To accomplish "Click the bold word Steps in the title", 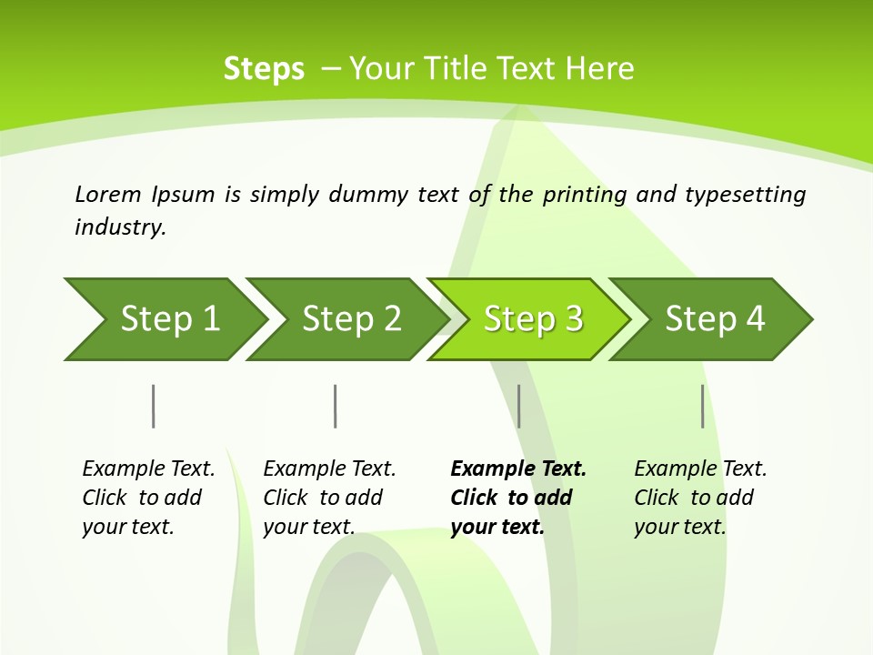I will (x=264, y=69).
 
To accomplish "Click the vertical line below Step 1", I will (x=153, y=406).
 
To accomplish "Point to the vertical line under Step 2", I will (x=336, y=406).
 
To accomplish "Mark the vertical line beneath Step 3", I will (x=518, y=406).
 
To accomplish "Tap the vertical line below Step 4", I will (x=703, y=406).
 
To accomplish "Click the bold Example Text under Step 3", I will (x=518, y=469).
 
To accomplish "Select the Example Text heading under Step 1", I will (x=148, y=469).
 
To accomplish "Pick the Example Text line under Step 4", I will (x=700, y=469).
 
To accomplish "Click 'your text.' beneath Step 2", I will (x=308, y=527).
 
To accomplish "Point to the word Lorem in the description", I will (x=108, y=194).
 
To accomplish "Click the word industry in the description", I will (x=120, y=227).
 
